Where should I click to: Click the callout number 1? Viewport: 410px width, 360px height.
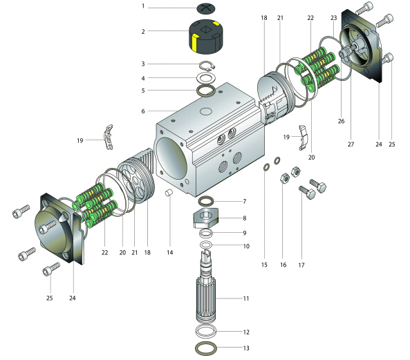click(x=143, y=6)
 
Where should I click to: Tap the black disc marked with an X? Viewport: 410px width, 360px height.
click(x=206, y=8)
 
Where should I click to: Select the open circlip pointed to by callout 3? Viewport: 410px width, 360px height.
click(x=207, y=66)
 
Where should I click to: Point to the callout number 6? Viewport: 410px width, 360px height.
click(x=143, y=111)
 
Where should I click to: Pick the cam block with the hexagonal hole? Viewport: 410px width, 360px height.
click(x=205, y=218)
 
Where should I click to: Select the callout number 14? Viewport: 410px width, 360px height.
click(x=170, y=252)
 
